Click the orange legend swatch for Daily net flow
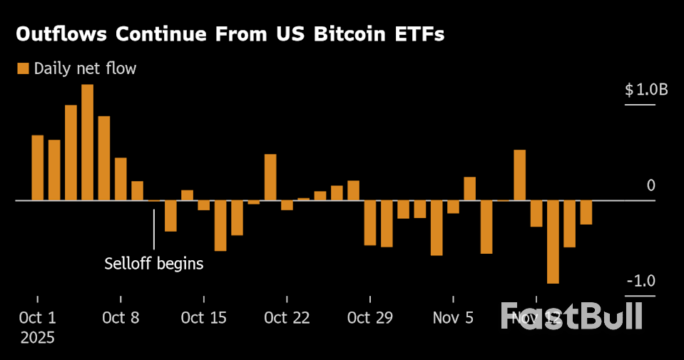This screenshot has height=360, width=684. pos(23,68)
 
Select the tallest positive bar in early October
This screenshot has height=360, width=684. pos(87,143)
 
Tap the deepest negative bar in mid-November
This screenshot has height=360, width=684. pos(553,242)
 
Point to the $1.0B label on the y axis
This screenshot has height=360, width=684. pos(646,91)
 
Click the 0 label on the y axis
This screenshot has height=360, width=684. pos(650,186)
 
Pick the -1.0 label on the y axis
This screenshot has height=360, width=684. pos(640,282)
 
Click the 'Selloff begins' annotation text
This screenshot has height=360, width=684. pos(154,264)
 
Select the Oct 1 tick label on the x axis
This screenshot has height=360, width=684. pos(37,317)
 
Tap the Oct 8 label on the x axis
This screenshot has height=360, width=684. pos(121,317)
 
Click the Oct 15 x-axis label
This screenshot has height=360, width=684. pos(204,317)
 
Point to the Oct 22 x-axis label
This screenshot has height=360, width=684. pos(287,317)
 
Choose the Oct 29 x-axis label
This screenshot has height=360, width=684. pos(370,317)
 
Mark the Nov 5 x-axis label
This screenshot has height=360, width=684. pos(453,317)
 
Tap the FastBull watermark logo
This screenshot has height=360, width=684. pos(571,316)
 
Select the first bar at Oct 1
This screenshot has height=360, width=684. pos(37,168)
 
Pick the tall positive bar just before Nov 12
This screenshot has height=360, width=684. pos(519,175)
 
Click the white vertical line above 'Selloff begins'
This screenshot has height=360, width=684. pos(154,228)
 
